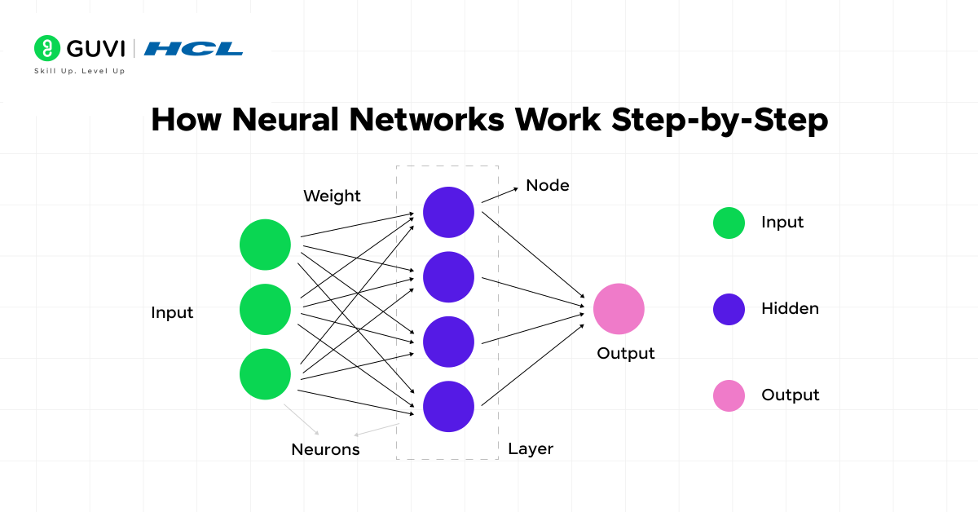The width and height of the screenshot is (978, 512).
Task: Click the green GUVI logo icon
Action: click(x=47, y=48)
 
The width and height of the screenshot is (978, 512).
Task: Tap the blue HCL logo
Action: click(x=193, y=49)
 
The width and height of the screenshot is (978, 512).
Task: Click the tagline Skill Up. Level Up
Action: click(x=79, y=71)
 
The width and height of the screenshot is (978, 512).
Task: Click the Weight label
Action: click(x=332, y=196)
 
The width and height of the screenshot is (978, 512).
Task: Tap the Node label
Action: click(x=547, y=186)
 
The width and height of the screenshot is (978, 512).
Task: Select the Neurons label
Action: click(x=325, y=449)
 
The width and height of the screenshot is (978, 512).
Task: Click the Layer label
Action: click(x=531, y=448)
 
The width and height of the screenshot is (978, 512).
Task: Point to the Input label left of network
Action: click(x=172, y=313)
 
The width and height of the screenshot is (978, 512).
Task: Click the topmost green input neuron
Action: click(x=265, y=245)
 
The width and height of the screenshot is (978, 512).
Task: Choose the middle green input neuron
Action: click(x=265, y=309)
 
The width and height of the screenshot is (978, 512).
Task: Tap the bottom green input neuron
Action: click(x=265, y=374)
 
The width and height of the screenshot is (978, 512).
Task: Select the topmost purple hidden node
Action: click(x=448, y=213)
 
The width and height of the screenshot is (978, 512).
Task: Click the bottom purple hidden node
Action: click(x=448, y=406)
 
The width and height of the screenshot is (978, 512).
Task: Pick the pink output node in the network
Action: click(x=619, y=309)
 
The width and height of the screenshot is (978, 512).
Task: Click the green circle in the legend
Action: click(x=729, y=223)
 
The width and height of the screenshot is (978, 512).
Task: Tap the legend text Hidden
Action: click(x=790, y=309)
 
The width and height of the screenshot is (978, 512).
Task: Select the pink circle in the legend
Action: click(x=729, y=395)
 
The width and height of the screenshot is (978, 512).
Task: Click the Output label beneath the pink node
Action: click(x=625, y=354)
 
